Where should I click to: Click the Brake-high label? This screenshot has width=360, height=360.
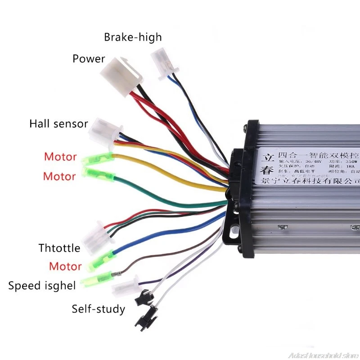pos(132,37)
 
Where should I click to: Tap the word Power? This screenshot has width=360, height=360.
pos(89,59)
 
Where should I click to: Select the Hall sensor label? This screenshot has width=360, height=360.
pos(58,124)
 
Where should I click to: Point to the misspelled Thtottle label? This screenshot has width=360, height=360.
pos(59,248)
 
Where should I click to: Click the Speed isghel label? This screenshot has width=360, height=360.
pos(42,286)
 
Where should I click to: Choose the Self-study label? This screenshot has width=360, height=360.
pos(99,309)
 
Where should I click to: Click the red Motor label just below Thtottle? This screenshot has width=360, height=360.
pos(65,266)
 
